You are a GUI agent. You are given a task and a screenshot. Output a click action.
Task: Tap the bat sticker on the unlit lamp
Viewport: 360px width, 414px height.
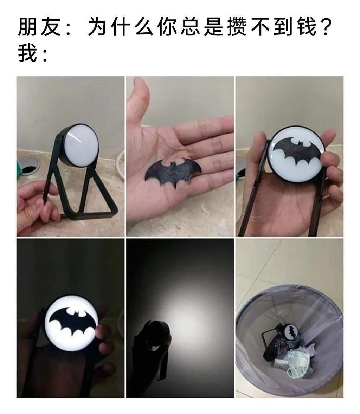coord(297,151)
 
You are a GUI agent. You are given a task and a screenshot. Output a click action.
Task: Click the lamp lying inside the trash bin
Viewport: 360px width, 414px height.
coord(280,341)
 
